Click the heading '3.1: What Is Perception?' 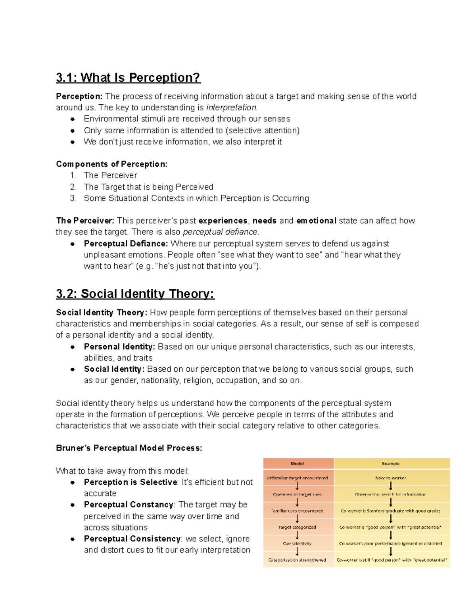click(128, 77)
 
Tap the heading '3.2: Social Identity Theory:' click(135, 294)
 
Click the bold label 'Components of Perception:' click(111, 164)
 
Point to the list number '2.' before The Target click(73, 187)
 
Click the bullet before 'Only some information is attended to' click(73, 130)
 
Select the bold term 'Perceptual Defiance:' click(126, 244)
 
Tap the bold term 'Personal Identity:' click(119, 347)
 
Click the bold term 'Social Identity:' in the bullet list click(114, 369)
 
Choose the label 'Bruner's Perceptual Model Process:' click(129, 448)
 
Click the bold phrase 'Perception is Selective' click(131, 482)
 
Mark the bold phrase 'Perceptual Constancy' click(129, 505)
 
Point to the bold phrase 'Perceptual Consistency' click(132, 539)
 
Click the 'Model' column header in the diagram click(297, 463)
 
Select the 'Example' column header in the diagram click(391, 463)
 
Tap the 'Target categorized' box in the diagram click(297, 527)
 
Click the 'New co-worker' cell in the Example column click(391, 478)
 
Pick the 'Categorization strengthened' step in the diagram click(297, 560)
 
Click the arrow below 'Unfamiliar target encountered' click(297, 486)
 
